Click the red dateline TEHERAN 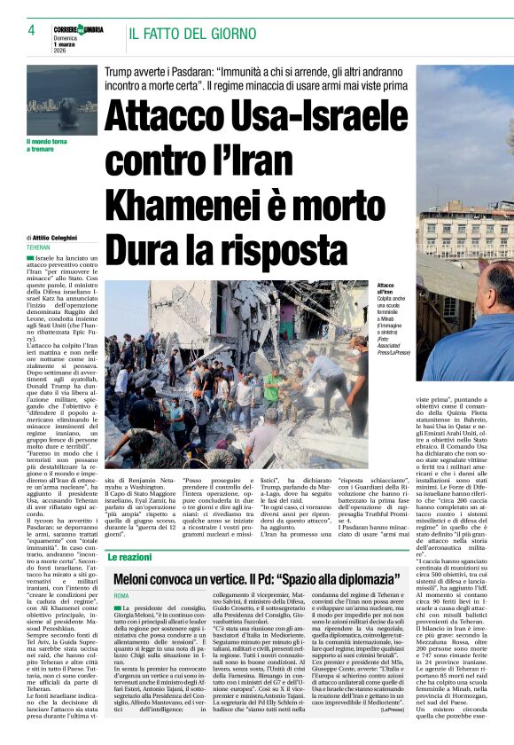click(39, 247)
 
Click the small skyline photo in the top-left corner click(62, 99)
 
